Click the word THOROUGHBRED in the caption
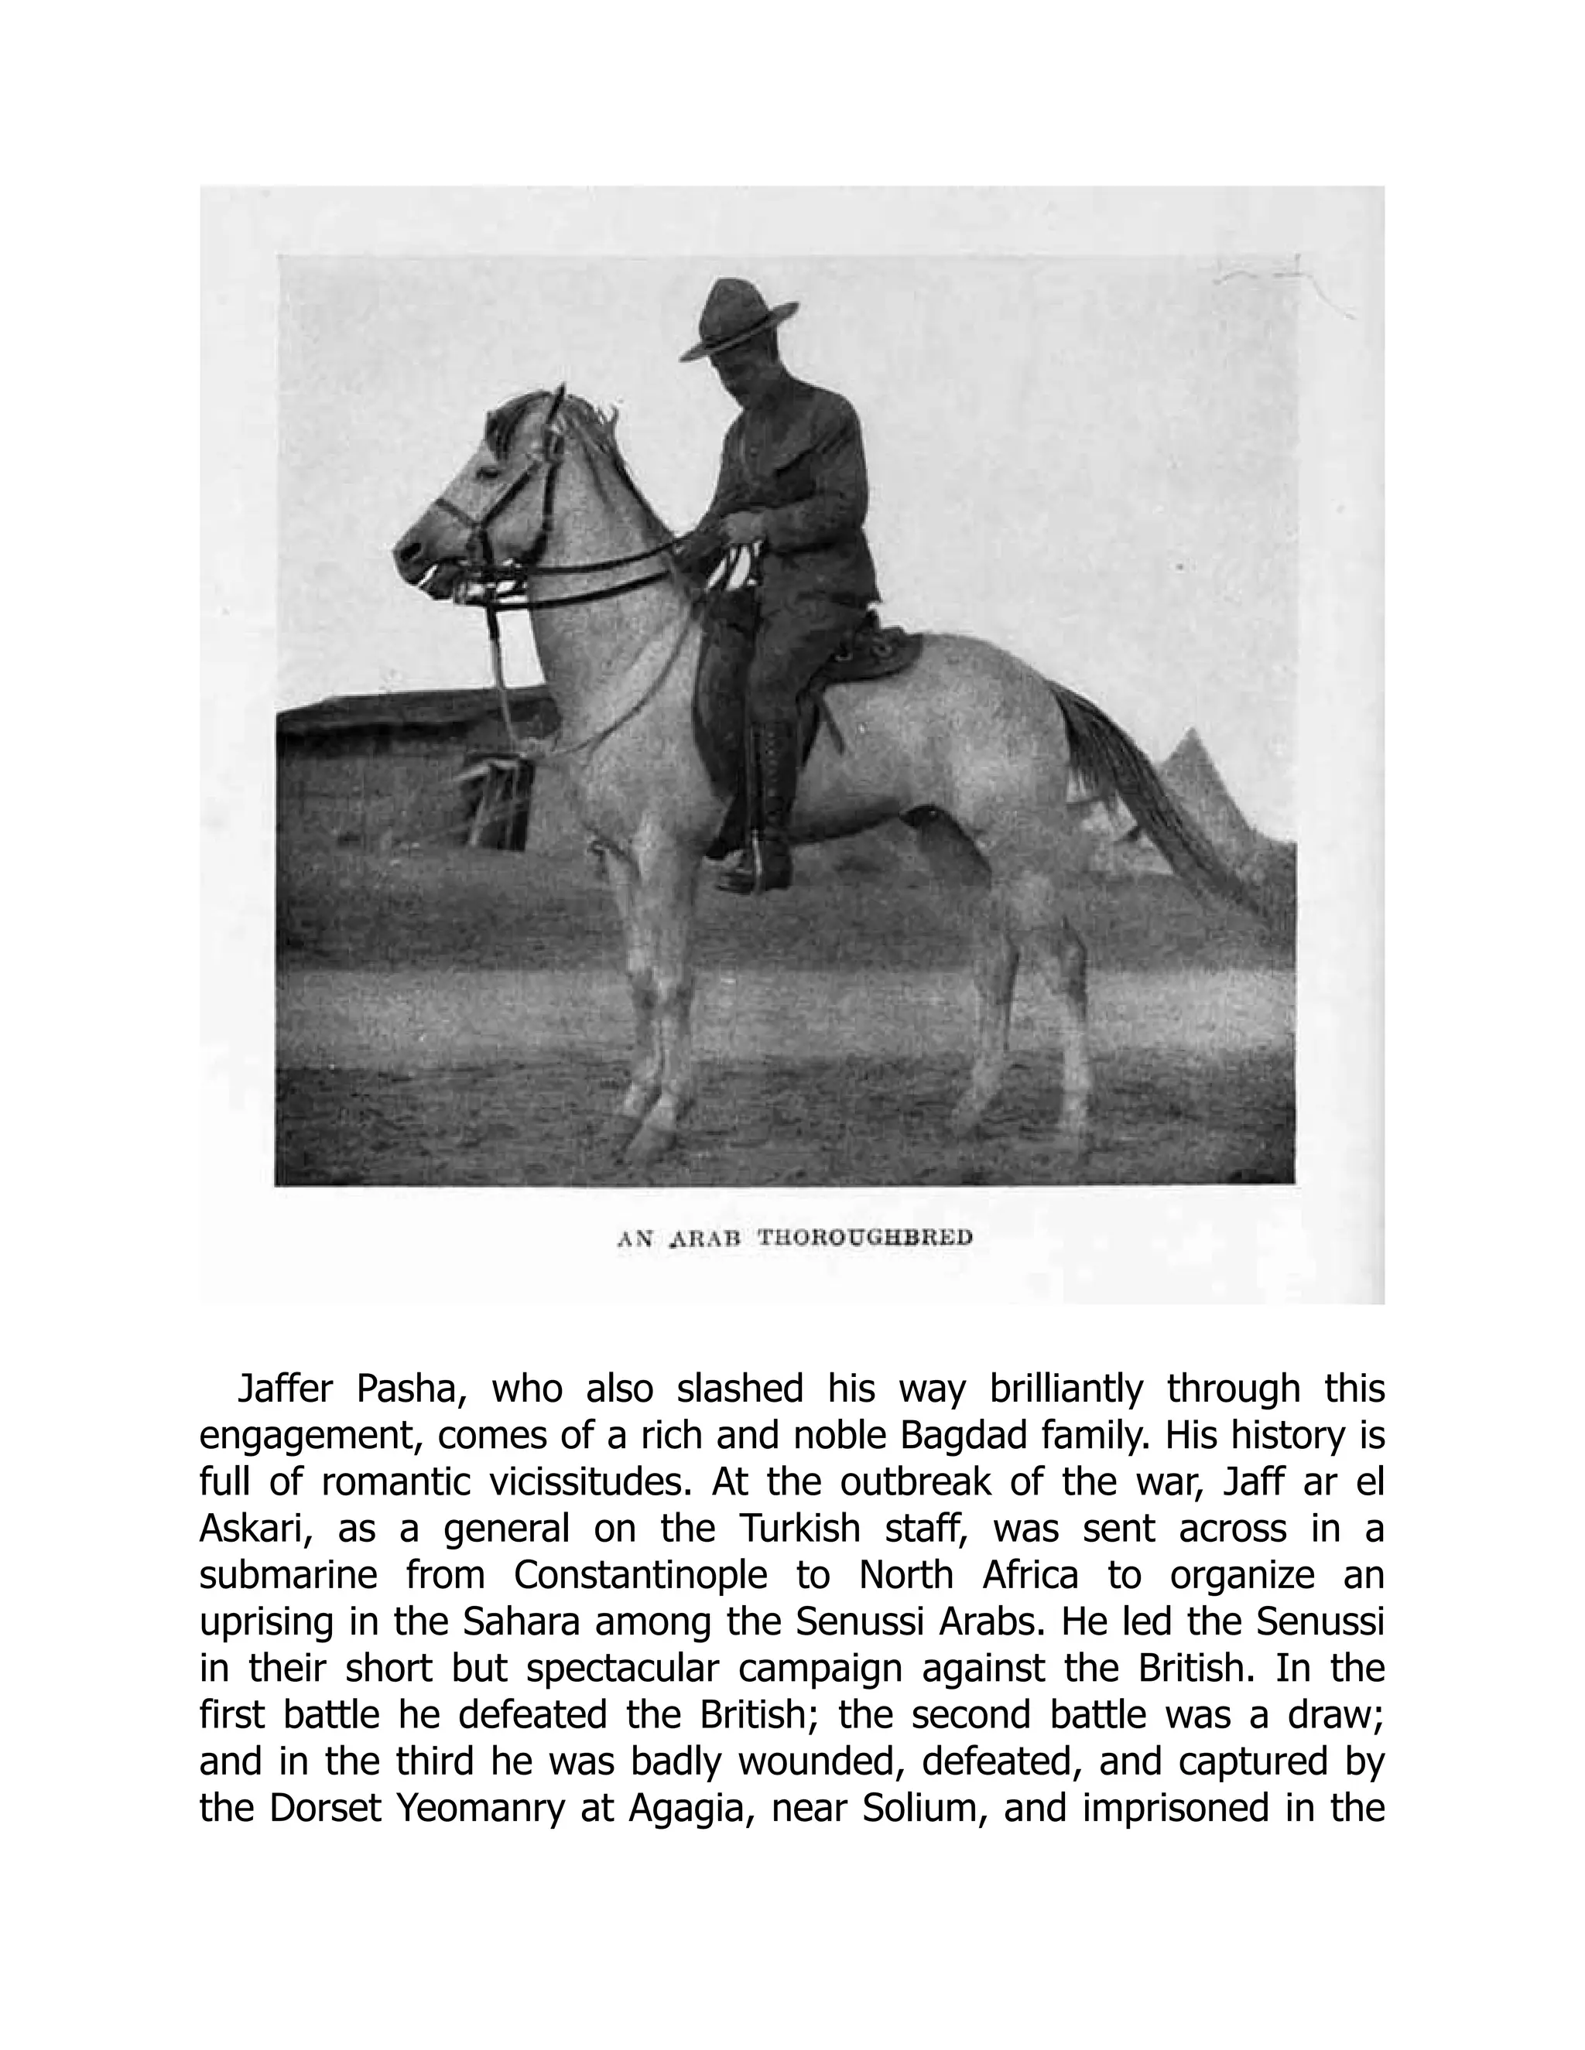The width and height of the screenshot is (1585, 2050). coord(864,1237)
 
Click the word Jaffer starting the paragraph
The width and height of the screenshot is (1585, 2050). coord(283,1389)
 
